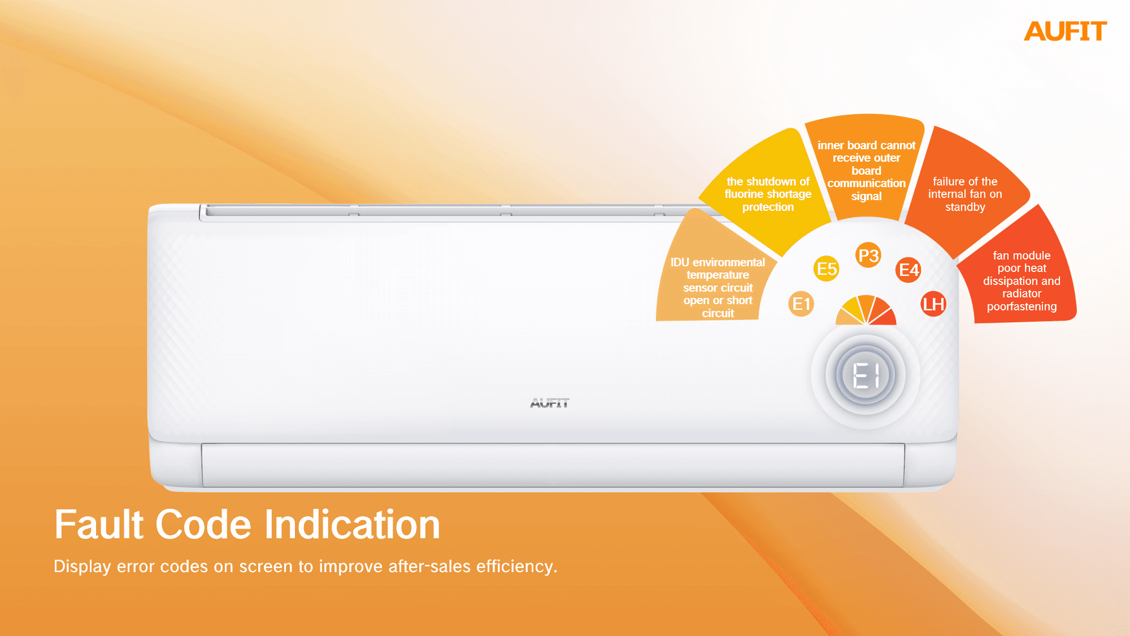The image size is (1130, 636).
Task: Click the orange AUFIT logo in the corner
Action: pyautogui.click(x=1065, y=31)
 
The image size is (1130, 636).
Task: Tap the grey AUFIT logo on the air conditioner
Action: pyautogui.click(x=550, y=403)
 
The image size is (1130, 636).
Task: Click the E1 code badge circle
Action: pyautogui.click(x=801, y=304)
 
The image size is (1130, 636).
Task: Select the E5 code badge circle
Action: pyautogui.click(x=827, y=269)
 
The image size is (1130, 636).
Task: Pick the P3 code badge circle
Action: pyautogui.click(x=868, y=256)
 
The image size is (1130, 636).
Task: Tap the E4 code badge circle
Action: pyautogui.click(x=909, y=270)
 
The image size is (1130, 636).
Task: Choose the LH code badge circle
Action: pyautogui.click(x=933, y=304)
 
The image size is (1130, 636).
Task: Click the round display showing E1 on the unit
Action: pyautogui.click(x=866, y=375)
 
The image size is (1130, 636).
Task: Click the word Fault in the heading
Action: pyautogui.click(x=99, y=524)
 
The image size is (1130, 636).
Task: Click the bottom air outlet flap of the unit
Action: pyautogui.click(x=553, y=465)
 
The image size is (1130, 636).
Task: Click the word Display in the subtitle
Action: pyautogui.click(x=82, y=566)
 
